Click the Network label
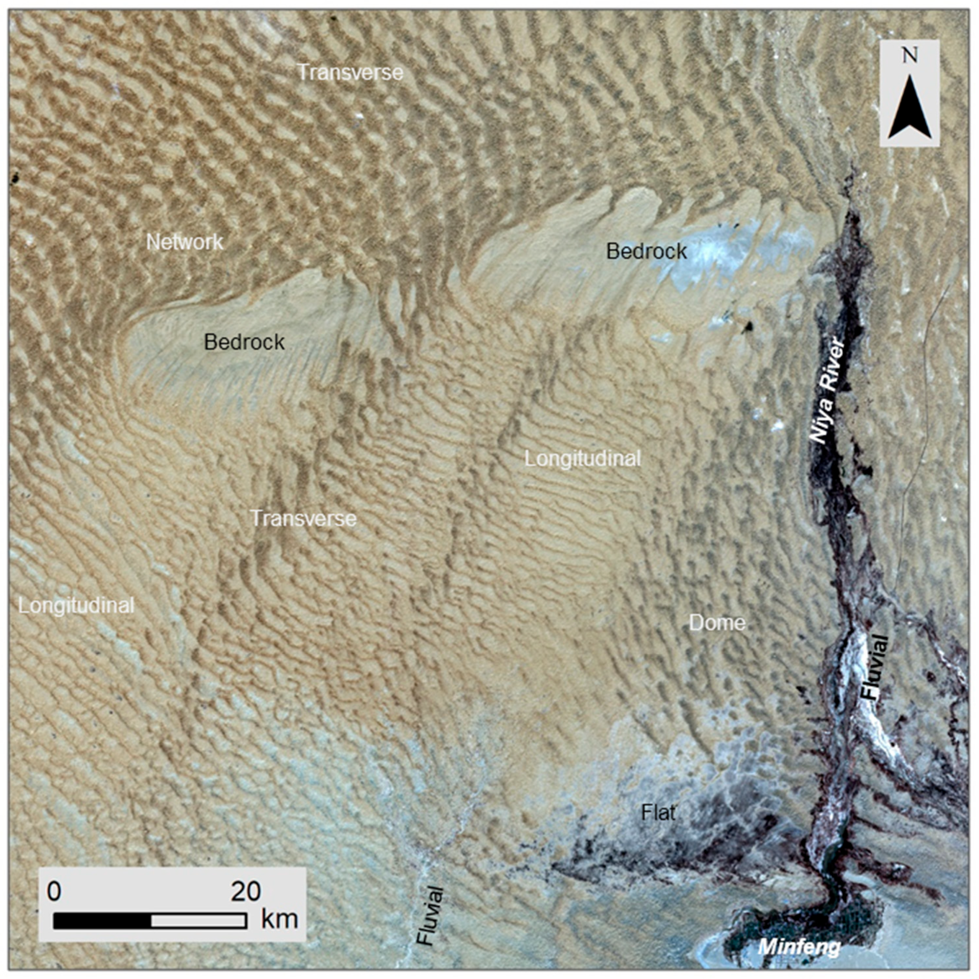(184, 242)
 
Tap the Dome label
(717, 623)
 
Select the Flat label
(658, 813)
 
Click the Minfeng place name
(798, 947)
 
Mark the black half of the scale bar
(102, 921)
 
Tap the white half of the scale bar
(199, 921)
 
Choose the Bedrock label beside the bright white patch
(646, 251)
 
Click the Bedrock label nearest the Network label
(244, 342)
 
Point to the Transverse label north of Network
(350, 72)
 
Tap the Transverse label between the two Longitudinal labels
(304, 518)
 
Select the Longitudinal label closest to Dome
(583, 458)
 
